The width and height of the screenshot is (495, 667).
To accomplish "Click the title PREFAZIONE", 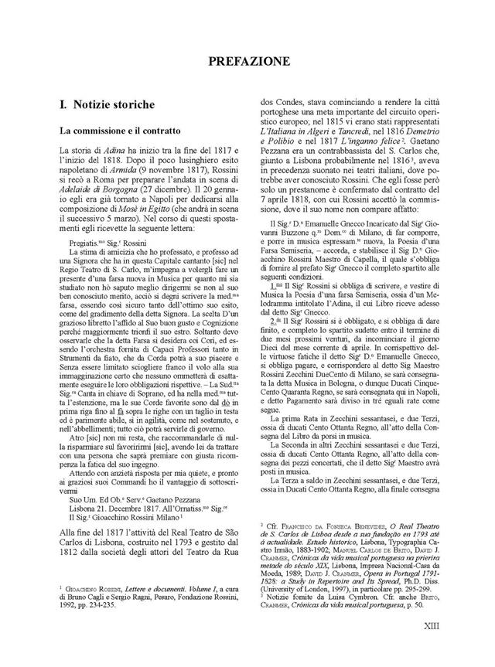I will (247, 60).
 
